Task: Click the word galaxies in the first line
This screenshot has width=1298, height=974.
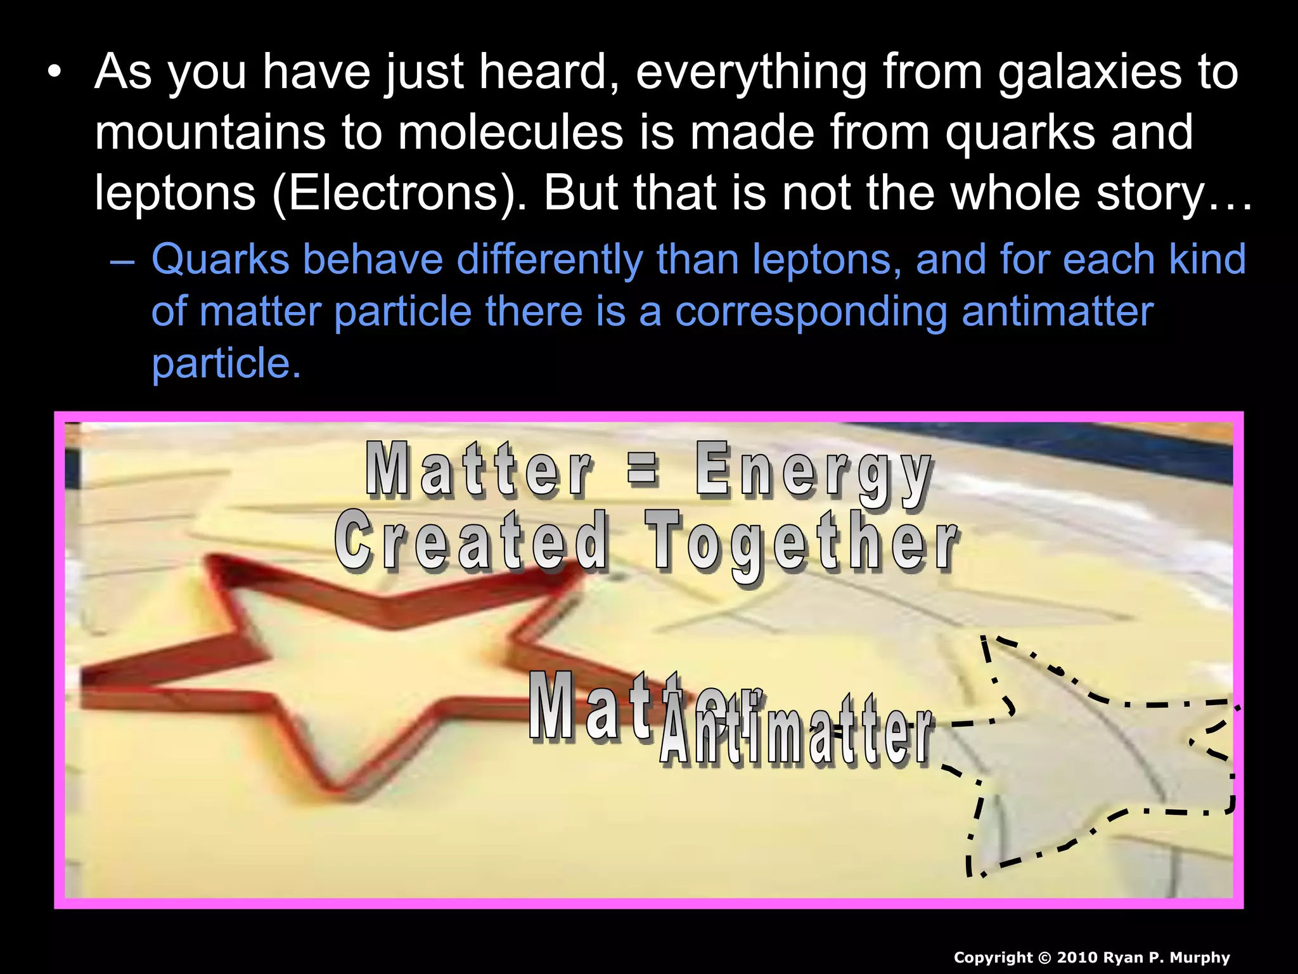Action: click(1089, 72)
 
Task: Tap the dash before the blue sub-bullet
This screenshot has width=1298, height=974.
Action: click(122, 260)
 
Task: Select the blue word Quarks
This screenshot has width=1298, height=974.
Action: click(220, 260)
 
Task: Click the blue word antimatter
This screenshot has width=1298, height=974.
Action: click(1057, 312)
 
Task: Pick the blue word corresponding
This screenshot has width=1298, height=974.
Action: click(811, 312)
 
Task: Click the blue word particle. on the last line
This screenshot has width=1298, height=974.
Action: click(226, 363)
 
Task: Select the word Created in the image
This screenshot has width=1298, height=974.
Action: click(472, 542)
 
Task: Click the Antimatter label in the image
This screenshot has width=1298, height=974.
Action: click(795, 736)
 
